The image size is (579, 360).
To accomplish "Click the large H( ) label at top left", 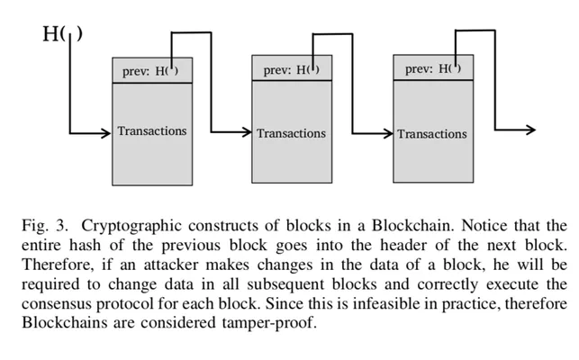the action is click(x=62, y=34).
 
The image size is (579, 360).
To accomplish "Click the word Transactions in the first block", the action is click(x=152, y=131).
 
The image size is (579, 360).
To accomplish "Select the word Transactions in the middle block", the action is click(x=292, y=133).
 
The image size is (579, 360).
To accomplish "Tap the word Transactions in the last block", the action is click(x=432, y=134).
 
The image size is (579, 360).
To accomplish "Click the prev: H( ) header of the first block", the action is click(x=150, y=71).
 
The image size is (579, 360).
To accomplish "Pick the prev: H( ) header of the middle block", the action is click(x=292, y=69).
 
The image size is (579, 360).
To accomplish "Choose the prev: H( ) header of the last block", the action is click(x=433, y=68).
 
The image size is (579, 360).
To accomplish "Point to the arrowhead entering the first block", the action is click(x=106, y=133).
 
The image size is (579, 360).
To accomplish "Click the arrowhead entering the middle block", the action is click(x=247, y=131).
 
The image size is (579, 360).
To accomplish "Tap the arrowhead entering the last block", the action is click(x=388, y=133).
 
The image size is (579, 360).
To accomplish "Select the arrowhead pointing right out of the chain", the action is click(x=530, y=130).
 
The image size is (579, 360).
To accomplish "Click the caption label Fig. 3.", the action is click(x=45, y=225).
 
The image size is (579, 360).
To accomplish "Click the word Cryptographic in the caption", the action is click(x=131, y=226).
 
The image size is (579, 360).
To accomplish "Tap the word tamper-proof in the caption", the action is click(x=268, y=323).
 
